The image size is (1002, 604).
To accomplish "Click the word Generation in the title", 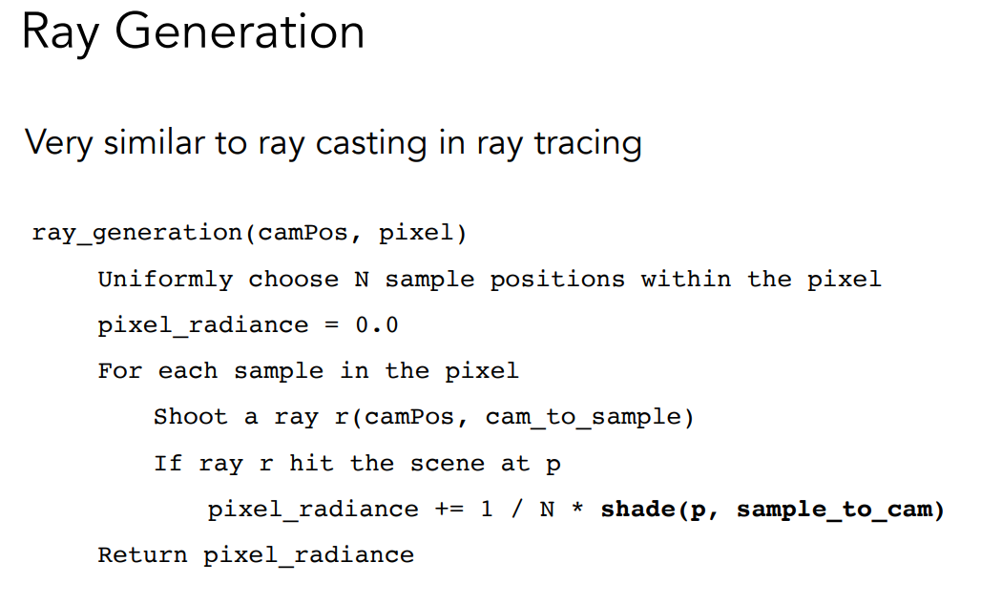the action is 240,31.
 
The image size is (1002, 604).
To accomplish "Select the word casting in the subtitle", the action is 370,143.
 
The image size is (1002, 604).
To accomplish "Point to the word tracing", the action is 588,143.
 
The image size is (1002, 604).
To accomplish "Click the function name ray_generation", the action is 136,233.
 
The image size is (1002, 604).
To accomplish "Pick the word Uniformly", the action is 165,280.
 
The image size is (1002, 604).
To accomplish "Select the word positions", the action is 557,280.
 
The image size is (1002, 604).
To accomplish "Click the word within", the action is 686,280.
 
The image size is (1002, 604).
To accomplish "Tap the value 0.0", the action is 377,325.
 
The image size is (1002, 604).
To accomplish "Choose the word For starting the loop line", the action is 120,371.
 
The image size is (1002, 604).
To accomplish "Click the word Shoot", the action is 191,417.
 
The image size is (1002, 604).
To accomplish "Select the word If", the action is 168,463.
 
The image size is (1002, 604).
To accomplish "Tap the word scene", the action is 448,464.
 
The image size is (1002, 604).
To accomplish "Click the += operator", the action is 449,510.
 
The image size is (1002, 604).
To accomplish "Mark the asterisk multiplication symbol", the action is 577,510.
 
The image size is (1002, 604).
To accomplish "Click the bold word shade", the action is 637,509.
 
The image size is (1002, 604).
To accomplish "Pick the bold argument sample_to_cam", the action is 835,510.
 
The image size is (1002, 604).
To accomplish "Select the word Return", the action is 142,554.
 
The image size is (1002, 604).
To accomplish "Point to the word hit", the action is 311,463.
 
